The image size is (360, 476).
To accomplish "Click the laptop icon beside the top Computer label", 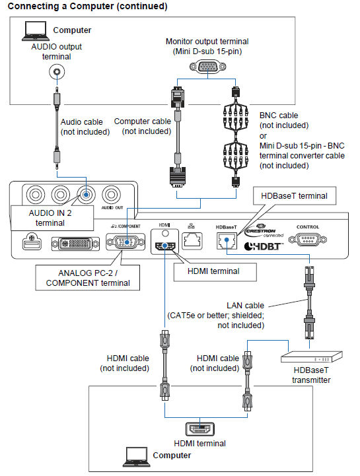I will pos(32,29).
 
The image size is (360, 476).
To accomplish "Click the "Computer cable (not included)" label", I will pos(142,126).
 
